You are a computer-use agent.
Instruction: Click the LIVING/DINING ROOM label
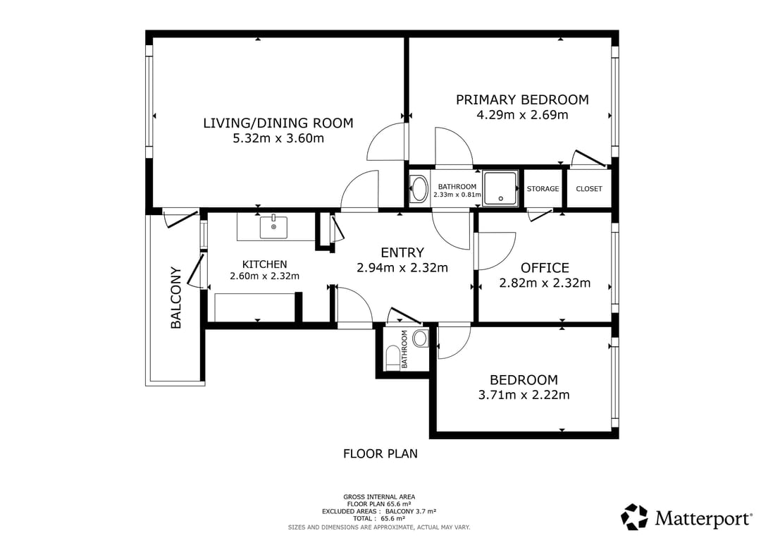pyautogui.click(x=278, y=123)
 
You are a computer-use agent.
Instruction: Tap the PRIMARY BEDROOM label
pyautogui.click(x=522, y=100)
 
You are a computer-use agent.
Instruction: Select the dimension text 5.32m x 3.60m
pyautogui.click(x=278, y=138)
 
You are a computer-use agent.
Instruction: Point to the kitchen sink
pyautogui.click(x=273, y=227)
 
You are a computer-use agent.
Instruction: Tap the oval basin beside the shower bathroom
pyautogui.click(x=419, y=188)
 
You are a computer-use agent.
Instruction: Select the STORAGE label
pyautogui.click(x=543, y=189)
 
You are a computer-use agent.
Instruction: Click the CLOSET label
pyautogui.click(x=588, y=189)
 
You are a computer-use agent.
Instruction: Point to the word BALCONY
pyautogui.click(x=175, y=298)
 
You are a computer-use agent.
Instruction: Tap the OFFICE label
pyautogui.click(x=545, y=268)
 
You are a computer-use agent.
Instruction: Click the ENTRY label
pyautogui.click(x=402, y=252)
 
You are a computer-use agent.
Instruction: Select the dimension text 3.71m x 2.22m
pyautogui.click(x=524, y=395)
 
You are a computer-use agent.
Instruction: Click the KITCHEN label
pyautogui.click(x=264, y=264)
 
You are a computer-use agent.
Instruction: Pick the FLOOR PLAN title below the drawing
pyautogui.click(x=380, y=454)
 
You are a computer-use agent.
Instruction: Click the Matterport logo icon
pyautogui.click(x=634, y=517)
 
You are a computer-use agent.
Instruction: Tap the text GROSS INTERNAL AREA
pyautogui.click(x=379, y=496)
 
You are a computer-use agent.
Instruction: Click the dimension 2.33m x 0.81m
pyautogui.click(x=457, y=195)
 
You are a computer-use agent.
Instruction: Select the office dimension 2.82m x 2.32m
pyautogui.click(x=545, y=283)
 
